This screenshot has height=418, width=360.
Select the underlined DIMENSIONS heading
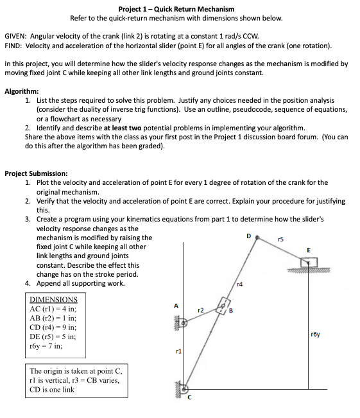(54, 299)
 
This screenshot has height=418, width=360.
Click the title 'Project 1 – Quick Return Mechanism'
(167, 9)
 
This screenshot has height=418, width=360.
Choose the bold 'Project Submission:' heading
(37, 173)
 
